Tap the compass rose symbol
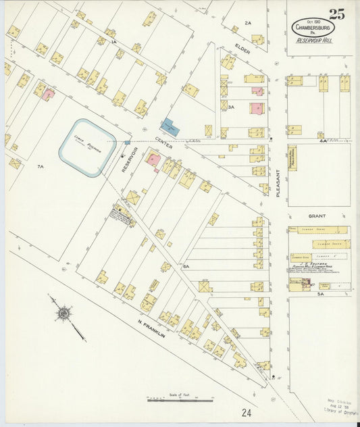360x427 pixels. tap(64, 313)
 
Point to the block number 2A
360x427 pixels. tap(248, 23)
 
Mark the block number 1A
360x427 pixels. tap(115, 42)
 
